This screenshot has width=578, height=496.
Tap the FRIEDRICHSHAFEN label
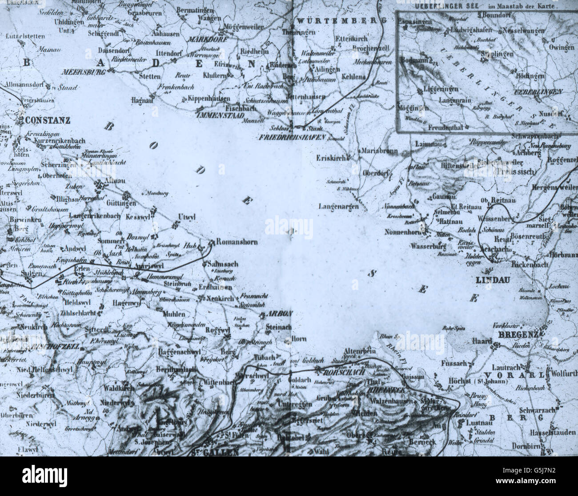pos(292,137)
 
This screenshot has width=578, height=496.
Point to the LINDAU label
pos(492,280)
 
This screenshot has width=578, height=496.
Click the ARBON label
pos(280,313)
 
